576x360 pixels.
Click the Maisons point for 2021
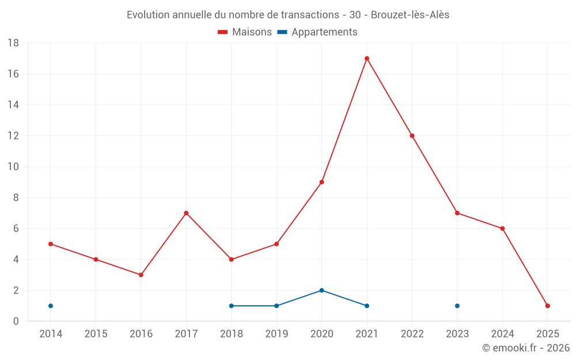point(367,58)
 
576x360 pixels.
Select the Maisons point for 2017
point(186,213)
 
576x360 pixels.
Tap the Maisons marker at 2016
point(141,275)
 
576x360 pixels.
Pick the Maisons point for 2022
point(412,136)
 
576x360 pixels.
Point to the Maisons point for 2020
point(321,182)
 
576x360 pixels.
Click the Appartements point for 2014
point(51,306)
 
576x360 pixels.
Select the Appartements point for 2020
point(321,290)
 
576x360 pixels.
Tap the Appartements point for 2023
point(457,306)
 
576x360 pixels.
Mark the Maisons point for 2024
point(502,229)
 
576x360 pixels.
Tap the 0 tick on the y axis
point(16,321)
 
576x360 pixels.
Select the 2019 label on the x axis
point(276,334)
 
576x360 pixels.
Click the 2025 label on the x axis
point(548,334)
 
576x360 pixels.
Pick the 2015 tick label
point(96,334)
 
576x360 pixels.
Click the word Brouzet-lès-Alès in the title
point(410,15)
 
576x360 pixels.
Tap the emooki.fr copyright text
point(526,348)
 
